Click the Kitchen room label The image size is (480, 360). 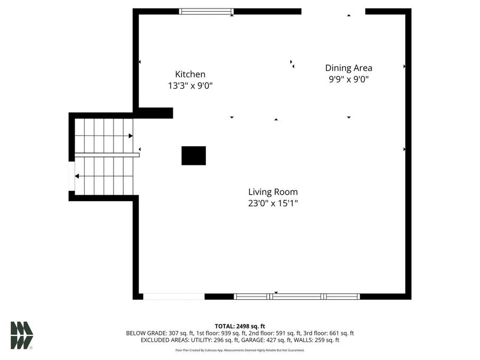coord(190,75)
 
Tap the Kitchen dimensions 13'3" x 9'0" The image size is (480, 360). coord(190,85)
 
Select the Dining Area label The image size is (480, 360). coord(349,68)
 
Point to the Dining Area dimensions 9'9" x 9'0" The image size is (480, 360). coord(349,79)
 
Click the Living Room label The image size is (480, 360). coord(273,192)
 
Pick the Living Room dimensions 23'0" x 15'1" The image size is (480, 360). coord(273,203)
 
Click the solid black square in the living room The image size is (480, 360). coord(194,156)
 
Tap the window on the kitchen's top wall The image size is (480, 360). coord(206,11)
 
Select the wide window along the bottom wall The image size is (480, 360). coord(297,297)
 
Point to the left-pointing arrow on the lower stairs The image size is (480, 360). coord(78,176)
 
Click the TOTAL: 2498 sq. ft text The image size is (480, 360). coord(239,326)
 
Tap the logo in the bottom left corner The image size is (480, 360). coord(22,335)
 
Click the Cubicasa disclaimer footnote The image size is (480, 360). coord(239,350)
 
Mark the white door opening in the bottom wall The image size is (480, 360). coord(174,297)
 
